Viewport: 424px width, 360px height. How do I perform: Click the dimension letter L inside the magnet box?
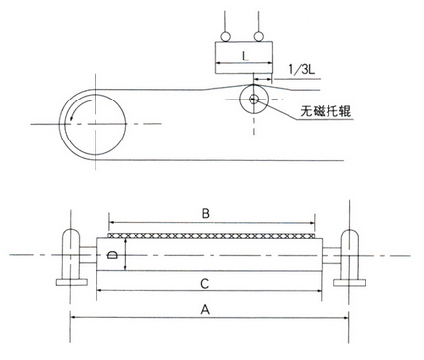tap(245, 56)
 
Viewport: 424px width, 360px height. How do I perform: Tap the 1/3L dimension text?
tap(302, 69)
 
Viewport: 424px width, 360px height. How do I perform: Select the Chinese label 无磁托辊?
tap(326, 111)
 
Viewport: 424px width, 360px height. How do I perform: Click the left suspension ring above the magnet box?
tap(224, 36)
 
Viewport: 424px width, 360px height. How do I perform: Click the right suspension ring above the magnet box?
tap(258, 36)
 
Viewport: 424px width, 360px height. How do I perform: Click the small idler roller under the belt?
tap(253, 99)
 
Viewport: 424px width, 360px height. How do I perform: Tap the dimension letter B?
tap(206, 214)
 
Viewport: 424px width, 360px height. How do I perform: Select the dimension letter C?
tap(204, 284)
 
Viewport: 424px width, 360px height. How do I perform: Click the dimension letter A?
tap(205, 309)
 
